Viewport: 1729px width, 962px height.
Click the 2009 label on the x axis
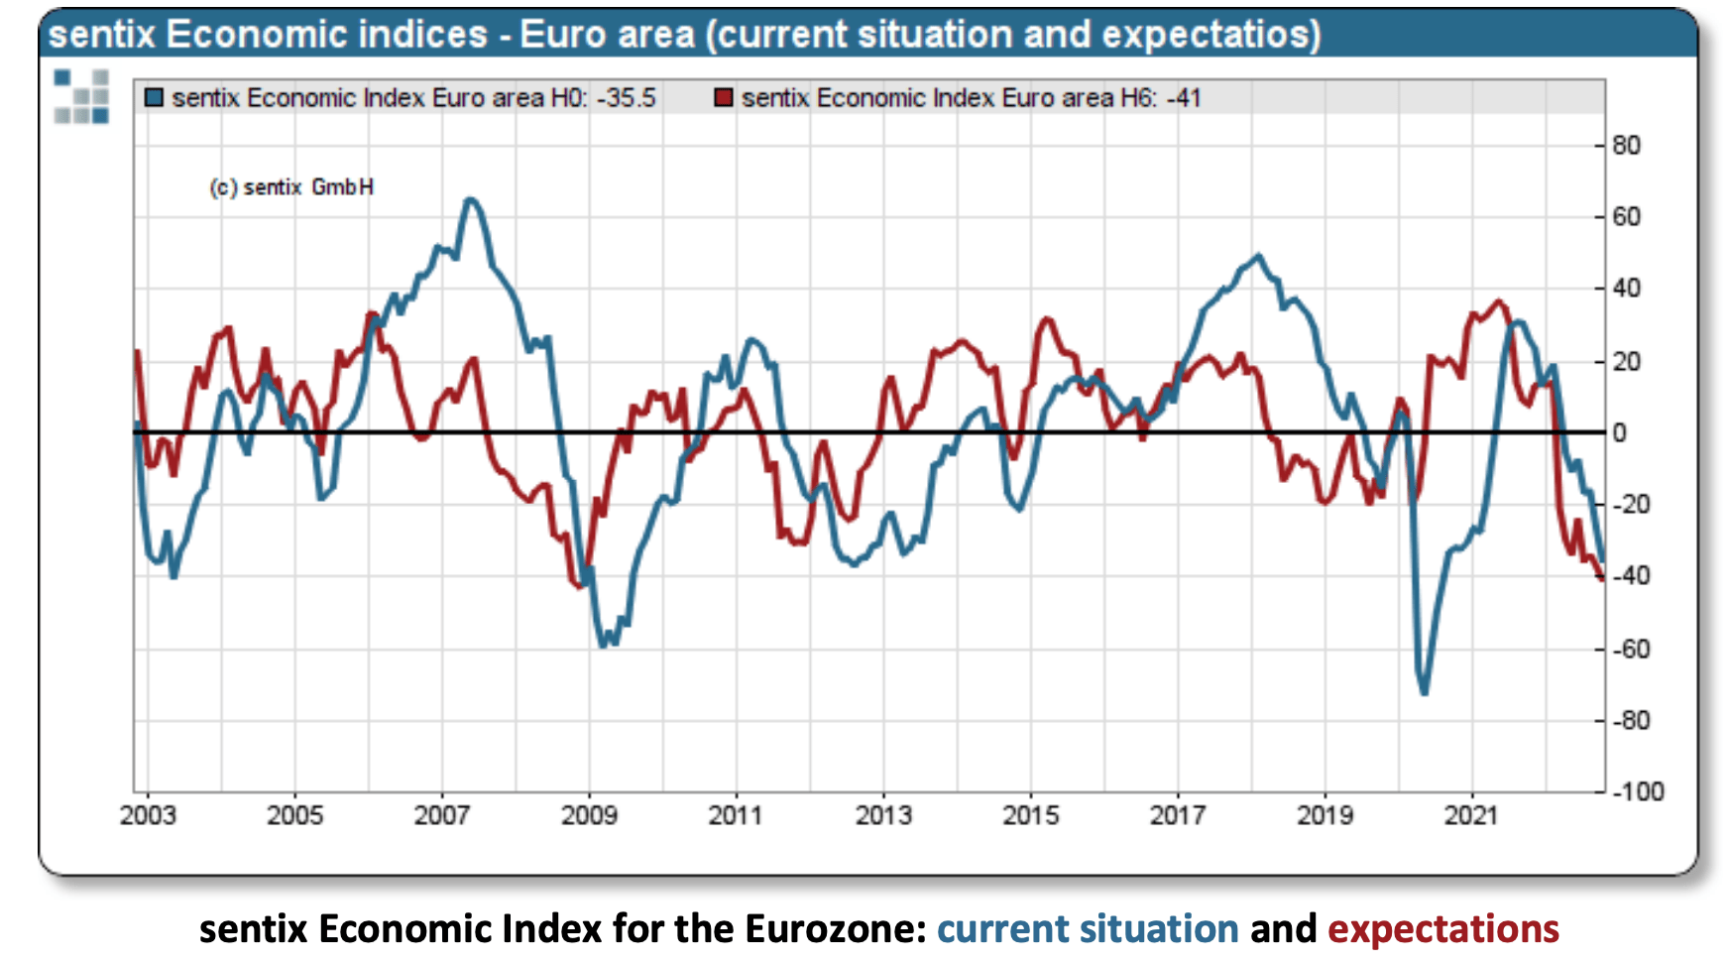coord(589,815)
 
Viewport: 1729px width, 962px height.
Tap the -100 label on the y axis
coord(1638,791)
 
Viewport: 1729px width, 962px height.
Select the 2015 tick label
coord(1030,815)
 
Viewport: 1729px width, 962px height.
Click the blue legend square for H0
coord(154,98)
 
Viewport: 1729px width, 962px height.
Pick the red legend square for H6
coord(724,98)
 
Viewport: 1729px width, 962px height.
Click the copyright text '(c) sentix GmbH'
coord(291,187)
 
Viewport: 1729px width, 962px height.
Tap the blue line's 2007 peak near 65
coord(471,200)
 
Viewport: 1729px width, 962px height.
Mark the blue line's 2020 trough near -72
coord(1425,691)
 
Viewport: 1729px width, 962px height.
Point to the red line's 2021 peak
coord(1498,301)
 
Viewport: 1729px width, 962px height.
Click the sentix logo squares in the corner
coord(81,96)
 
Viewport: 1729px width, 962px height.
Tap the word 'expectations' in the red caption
coord(1442,929)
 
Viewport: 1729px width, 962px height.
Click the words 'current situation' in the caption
coord(1088,929)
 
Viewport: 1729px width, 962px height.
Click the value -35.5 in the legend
coord(627,98)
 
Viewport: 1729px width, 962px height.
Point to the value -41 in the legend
coord(1184,98)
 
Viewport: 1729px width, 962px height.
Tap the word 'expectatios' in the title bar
coord(1210,35)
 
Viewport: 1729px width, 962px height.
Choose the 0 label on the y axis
coord(1619,432)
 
